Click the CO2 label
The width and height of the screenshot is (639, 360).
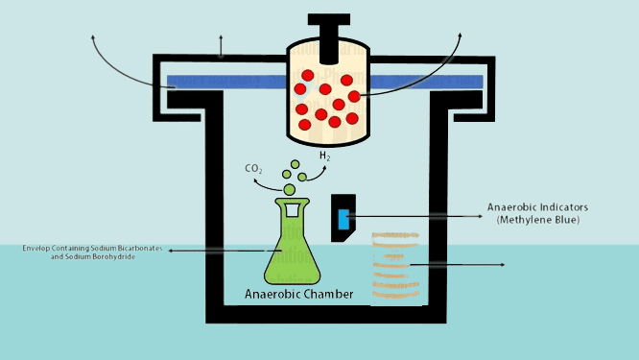click(254, 170)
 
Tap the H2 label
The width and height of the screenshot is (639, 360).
click(324, 156)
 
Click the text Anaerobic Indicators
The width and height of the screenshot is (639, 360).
click(536, 208)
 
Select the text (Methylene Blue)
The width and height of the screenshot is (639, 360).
click(536, 221)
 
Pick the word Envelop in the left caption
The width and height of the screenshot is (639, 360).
click(38, 249)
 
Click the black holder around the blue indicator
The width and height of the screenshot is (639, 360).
click(344, 204)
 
